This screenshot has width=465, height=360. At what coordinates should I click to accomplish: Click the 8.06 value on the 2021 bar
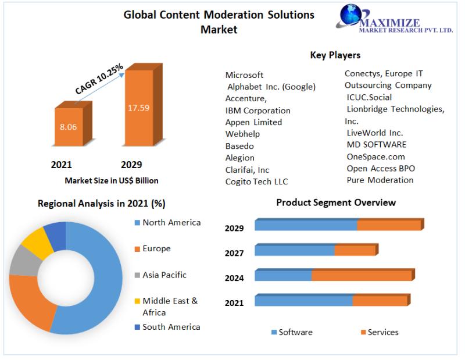[68, 126]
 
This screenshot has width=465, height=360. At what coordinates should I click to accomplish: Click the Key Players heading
[335, 55]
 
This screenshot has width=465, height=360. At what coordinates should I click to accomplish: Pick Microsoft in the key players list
[244, 75]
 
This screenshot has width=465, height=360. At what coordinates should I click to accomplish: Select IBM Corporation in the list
[257, 111]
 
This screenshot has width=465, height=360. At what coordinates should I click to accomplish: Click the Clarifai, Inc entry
[247, 170]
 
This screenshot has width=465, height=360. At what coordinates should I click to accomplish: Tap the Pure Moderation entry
[380, 180]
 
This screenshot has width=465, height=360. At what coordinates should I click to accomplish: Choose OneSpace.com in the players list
[375, 156]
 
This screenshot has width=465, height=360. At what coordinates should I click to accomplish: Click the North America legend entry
[171, 223]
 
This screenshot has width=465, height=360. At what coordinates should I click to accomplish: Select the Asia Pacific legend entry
[164, 275]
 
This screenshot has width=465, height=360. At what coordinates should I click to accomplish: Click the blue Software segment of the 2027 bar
[295, 250]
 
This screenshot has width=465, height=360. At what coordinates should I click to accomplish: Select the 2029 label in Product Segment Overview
[234, 229]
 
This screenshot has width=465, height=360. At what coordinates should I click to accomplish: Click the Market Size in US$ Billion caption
[112, 181]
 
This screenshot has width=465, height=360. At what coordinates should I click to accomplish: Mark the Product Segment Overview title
[336, 202]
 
